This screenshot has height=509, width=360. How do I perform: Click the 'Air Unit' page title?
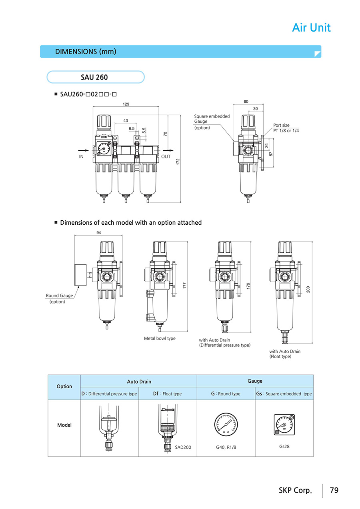311,28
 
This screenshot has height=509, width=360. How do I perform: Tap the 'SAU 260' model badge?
94,77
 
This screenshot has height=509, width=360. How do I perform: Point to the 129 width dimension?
126,104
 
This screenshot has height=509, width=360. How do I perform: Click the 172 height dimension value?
178,162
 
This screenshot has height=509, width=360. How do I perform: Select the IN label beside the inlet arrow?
81,157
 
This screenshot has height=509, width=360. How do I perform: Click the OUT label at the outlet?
166,157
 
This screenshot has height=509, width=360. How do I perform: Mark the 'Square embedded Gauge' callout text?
212,119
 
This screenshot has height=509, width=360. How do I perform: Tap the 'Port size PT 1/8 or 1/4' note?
286,128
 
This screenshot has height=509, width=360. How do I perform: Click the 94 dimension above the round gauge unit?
98,233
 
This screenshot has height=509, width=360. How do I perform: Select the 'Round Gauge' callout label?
59,296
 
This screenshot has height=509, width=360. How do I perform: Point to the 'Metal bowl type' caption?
160,338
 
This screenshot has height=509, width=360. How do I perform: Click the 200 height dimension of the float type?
308,289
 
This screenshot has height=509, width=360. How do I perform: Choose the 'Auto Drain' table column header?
139,381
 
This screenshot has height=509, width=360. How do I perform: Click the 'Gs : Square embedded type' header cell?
284,394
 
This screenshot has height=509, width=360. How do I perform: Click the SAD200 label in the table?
183,447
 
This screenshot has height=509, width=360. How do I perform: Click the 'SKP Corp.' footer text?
295,490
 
